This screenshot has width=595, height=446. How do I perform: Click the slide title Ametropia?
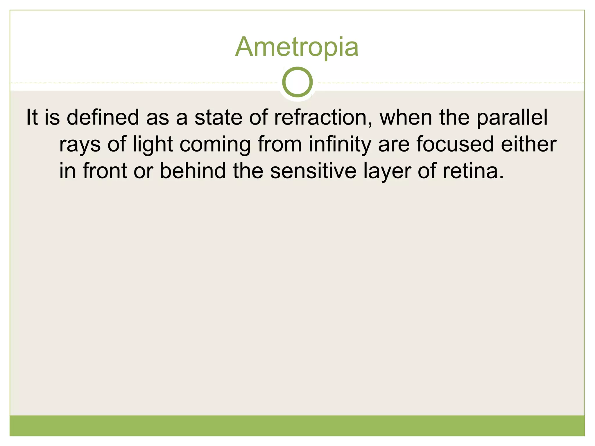[x=297, y=47]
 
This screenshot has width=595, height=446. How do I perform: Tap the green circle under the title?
[x=297, y=82]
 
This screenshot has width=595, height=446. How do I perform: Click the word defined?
[x=103, y=117]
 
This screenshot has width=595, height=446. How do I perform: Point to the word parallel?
[x=512, y=118]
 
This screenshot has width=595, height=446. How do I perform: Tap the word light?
[x=153, y=144]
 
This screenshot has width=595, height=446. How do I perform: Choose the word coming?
[x=215, y=145]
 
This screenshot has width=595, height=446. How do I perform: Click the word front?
[x=105, y=171]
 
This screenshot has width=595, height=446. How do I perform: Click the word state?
[x=218, y=117]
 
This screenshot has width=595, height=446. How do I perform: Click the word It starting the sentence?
[x=32, y=117]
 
